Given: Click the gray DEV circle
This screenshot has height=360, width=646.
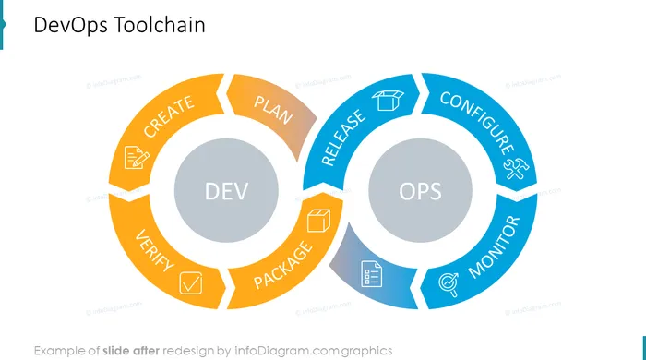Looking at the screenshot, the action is click(226, 190).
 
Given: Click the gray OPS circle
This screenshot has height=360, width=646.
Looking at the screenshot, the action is click(420, 190).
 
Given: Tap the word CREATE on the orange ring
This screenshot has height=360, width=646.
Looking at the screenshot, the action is click(169, 116).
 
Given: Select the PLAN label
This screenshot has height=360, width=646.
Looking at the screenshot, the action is click(273, 110).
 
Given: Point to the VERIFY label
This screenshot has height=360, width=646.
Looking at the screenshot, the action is click(155, 250).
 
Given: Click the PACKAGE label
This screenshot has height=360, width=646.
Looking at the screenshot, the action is click(282, 266).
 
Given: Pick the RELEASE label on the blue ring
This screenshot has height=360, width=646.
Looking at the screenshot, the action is click(342, 138).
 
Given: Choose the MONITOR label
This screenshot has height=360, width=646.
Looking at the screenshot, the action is click(495, 247).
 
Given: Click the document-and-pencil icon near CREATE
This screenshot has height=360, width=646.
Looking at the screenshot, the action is click(137, 157).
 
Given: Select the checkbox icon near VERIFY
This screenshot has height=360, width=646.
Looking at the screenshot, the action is click(191, 283).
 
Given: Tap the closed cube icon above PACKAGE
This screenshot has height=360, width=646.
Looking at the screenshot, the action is click(319, 221).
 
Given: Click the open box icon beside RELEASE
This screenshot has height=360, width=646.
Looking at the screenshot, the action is click(388, 100).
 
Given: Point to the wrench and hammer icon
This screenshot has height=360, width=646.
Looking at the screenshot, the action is click(516, 169).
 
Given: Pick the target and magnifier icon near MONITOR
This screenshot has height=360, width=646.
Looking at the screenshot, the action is click(449, 284).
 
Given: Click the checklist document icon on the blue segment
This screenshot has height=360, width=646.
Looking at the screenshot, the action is click(371, 273).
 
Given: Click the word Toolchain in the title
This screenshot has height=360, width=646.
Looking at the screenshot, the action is click(159, 25).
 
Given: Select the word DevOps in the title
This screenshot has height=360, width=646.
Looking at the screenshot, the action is click(70, 25).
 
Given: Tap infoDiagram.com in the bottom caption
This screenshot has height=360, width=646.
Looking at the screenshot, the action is click(287, 351).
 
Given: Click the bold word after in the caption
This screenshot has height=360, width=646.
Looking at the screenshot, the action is click(146, 351).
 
